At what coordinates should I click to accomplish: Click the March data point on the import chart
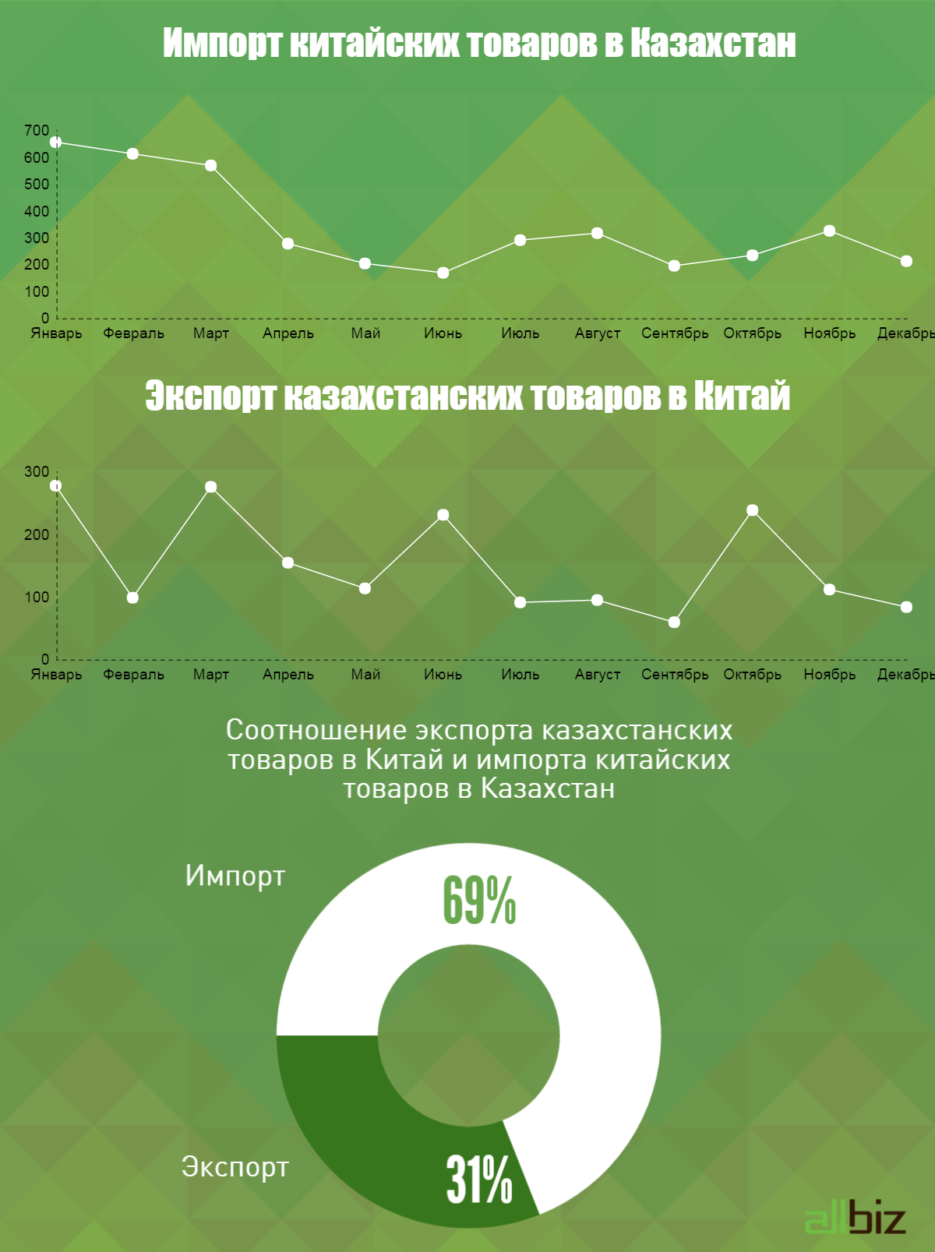(x=210, y=166)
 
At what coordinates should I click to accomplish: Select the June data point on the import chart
(x=443, y=273)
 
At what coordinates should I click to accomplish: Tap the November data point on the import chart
(x=829, y=231)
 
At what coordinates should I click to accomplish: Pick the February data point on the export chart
(x=132, y=598)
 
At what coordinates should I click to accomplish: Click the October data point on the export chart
(x=752, y=510)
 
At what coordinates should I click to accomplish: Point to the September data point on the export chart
(x=674, y=622)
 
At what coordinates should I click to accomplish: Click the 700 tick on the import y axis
(x=37, y=131)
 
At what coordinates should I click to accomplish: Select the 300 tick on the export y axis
(x=37, y=472)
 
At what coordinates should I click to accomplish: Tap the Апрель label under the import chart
(x=288, y=333)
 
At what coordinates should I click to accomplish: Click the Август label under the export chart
(x=598, y=675)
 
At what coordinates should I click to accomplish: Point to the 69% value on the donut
(x=479, y=901)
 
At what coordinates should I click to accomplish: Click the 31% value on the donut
(x=479, y=1179)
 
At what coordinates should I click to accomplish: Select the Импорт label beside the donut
(x=235, y=876)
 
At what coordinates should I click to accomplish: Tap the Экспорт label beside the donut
(x=235, y=1166)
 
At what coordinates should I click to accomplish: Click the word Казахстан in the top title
(x=712, y=44)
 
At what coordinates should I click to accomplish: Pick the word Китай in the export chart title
(x=741, y=396)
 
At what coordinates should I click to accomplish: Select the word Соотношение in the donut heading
(x=316, y=730)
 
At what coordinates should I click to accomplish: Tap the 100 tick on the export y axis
(x=37, y=598)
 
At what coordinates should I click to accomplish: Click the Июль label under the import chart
(x=520, y=333)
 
